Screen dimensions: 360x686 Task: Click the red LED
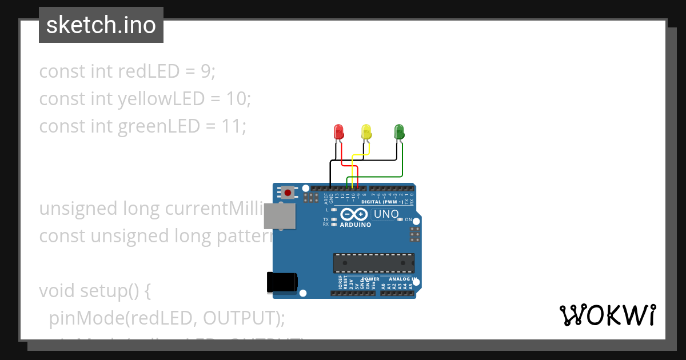click(338, 132)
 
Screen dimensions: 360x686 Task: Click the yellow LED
click(366, 132)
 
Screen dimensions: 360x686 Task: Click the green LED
click(399, 132)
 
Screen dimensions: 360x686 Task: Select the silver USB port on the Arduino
click(280, 217)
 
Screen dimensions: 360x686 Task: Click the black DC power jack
click(282, 282)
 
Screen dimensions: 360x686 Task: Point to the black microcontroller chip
click(374, 263)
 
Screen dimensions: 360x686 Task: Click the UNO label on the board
click(386, 214)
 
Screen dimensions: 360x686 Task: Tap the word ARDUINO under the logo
click(355, 225)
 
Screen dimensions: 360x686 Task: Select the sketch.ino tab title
click(101, 25)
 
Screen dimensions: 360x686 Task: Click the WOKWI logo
click(607, 315)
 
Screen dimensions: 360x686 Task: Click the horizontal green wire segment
click(374, 177)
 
